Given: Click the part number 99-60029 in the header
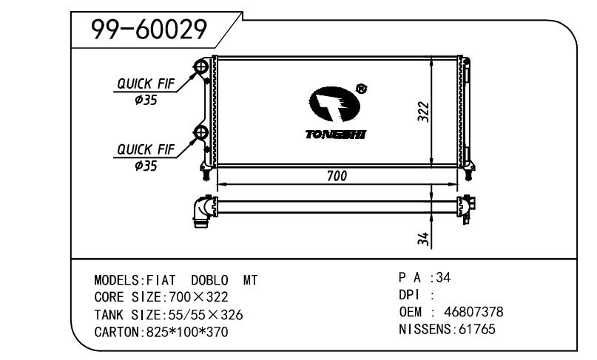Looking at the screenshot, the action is pyautogui.click(x=149, y=30).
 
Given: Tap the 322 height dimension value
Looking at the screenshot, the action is pyautogui.click(x=423, y=112).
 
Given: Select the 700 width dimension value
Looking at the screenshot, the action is pyautogui.click(x=337, y=176).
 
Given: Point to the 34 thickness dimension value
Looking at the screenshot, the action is pyautogui.click(x=423, y=238).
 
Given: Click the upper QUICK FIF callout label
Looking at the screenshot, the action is pyautogui.click(x=146, y=84).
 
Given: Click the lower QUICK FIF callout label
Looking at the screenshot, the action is pyautogui.click(x=146, y=149).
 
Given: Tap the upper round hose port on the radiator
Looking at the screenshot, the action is pyautogui.click(x=200, y=67).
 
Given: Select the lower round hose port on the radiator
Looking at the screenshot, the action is pyautogui.click(x=200, y=132).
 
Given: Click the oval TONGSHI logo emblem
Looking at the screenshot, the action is pyautogui.click(x=334, y=104).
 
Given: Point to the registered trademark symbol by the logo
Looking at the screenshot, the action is pyautogui.click(x=361, y=89).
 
